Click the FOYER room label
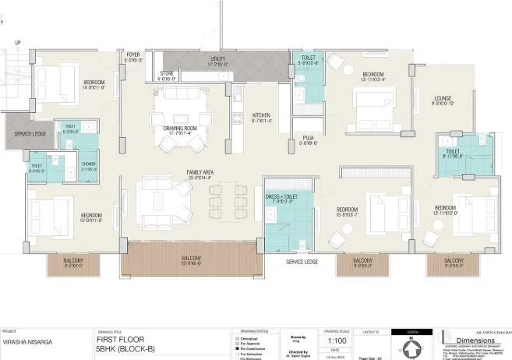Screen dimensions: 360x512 (x=132, y=55)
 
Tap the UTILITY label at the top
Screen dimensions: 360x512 (x=217, y=58)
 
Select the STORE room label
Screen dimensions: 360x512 (x=167, y=74)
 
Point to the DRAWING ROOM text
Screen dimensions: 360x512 (x=178, y=127)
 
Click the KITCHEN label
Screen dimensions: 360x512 (x=261, y=115)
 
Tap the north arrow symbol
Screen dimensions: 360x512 (x=411, y=343)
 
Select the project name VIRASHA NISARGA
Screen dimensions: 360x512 (x=28, y=341)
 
